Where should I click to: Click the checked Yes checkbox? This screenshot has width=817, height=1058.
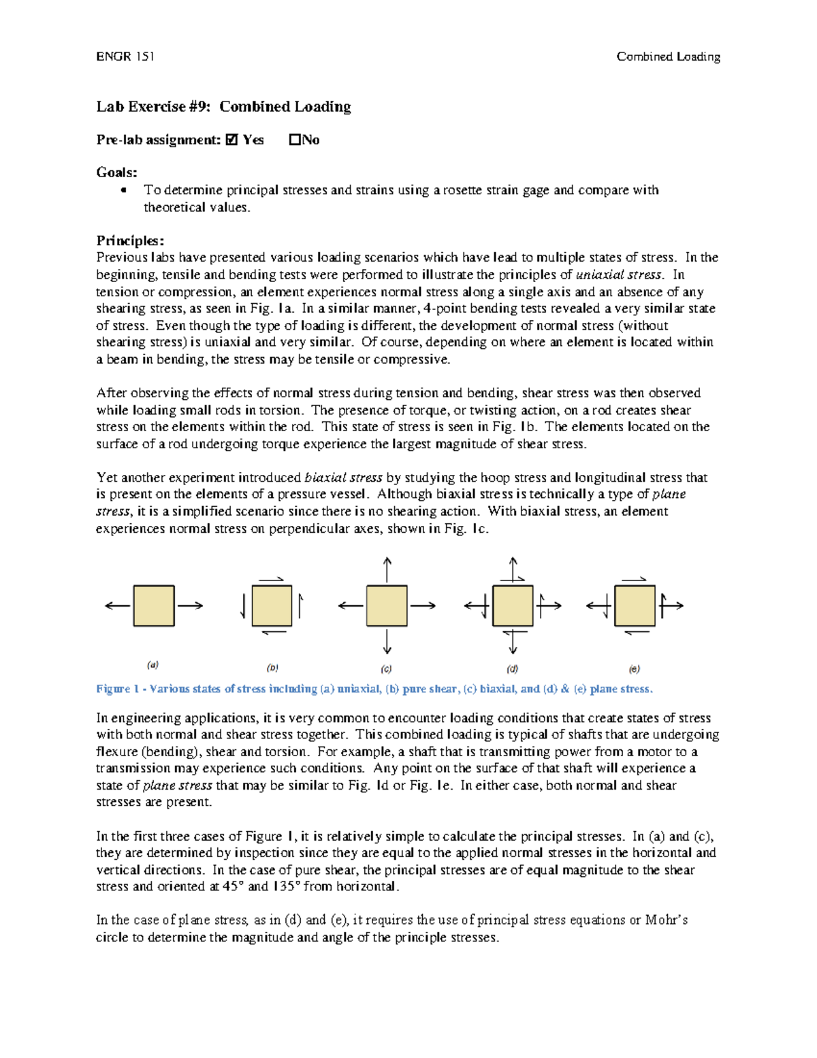(x=231, y=140)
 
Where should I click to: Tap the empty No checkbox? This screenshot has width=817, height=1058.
(x=294, y=140)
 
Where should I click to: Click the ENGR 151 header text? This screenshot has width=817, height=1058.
(x=125, y=57)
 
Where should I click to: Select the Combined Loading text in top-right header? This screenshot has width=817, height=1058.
(x=668, y=57)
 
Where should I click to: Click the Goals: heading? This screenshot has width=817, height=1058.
(x=116, y=172)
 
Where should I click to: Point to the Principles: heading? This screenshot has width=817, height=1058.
(x=130, y=240)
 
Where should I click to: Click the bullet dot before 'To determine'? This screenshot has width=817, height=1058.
(x=123, y=190)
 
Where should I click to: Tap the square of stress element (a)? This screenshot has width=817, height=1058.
(x=154, y=606)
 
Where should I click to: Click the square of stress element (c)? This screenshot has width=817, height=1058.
(x=387, y=606)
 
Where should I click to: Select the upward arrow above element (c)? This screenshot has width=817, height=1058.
(x=387, y=570)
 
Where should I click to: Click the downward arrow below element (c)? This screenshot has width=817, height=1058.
(x=387, y=642)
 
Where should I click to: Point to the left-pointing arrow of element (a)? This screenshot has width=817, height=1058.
(x=117, y=606)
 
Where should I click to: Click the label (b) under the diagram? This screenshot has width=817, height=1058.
(x=272, y=668)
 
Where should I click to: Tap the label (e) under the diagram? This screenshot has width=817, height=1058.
(x=634, y=669)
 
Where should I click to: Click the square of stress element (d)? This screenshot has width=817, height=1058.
(x=513, y=606)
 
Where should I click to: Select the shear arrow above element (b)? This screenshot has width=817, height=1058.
(x=271, y=580)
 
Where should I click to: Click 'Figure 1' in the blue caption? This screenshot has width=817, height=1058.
(x=117, y=689)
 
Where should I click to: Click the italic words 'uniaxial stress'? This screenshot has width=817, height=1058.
(x=619, y=275)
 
